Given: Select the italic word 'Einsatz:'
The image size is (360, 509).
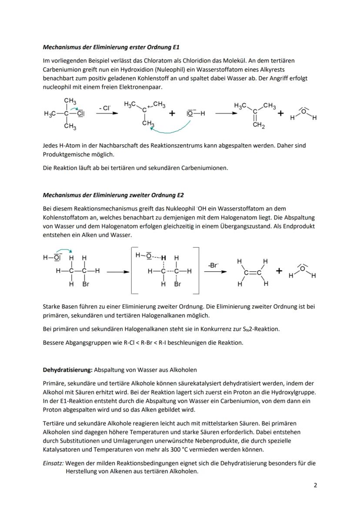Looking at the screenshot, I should (x=53, y=463).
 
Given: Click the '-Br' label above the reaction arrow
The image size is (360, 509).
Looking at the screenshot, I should (x=213, y=265).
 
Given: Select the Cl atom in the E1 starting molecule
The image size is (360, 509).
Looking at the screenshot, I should (x=80, y=114).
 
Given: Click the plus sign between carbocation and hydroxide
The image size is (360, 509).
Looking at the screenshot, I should (x=172, y=113).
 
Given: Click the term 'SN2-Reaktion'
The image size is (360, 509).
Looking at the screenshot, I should (x=261, y=329).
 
